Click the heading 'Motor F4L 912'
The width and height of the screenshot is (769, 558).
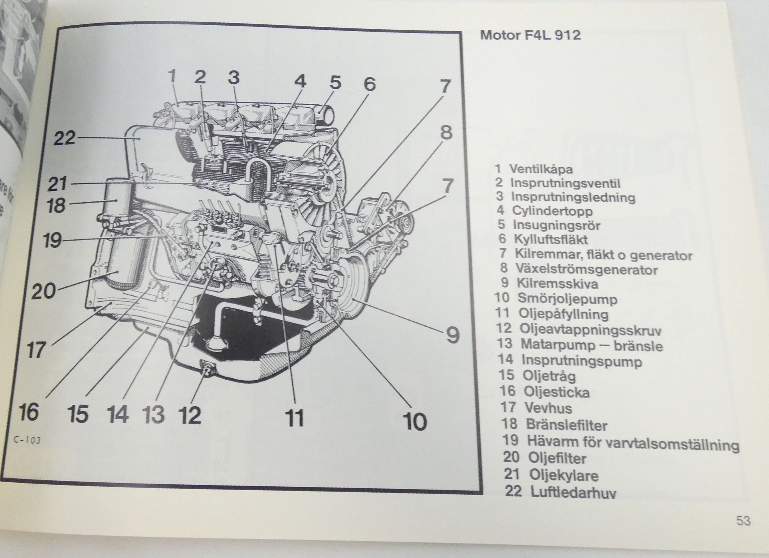530,35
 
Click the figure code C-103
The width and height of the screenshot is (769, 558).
27,441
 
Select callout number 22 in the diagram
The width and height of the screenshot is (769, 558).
64,138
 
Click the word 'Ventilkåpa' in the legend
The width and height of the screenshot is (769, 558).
541,169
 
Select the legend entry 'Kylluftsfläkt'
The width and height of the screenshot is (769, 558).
551,239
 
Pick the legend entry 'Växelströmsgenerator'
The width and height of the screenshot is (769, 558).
587,270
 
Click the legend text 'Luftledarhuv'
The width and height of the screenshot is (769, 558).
573,492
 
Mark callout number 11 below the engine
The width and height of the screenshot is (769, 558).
294,417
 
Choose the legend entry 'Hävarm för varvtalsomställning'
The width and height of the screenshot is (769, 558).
632,443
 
